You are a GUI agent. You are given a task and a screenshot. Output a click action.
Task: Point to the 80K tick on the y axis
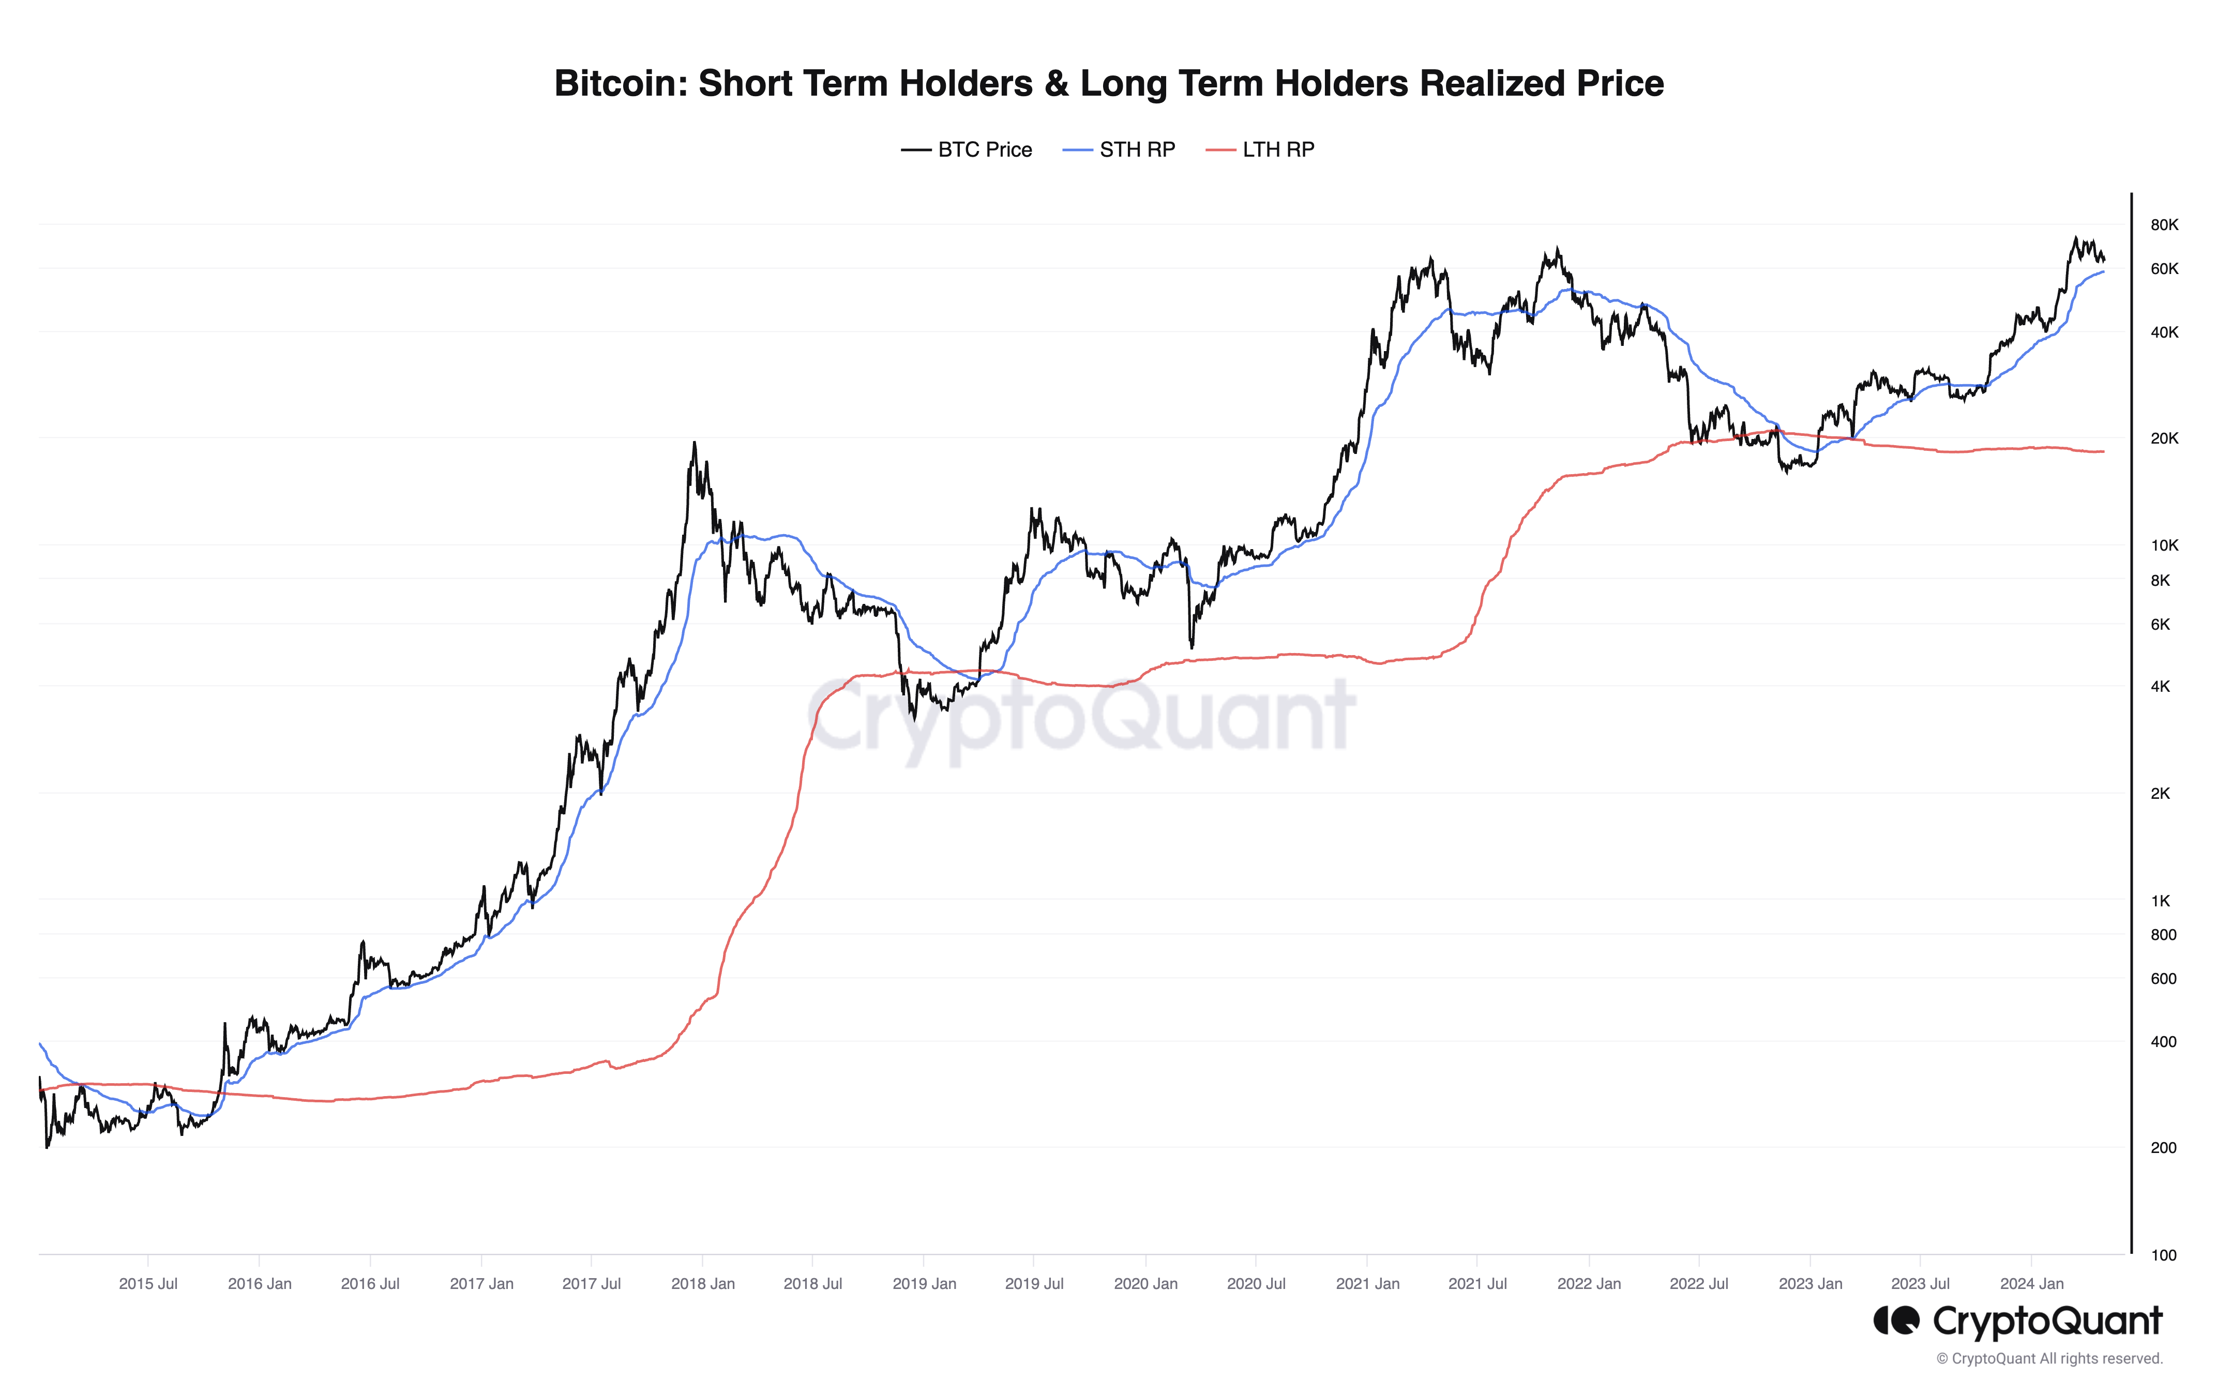click(2164, 224)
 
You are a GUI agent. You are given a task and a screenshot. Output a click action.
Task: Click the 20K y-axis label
click(2164, 438)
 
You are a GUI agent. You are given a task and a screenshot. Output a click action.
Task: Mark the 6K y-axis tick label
click(2160, 624)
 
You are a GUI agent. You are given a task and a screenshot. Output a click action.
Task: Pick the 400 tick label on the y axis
click(2163, 1042)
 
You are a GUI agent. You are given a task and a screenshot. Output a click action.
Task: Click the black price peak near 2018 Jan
click(694, 444)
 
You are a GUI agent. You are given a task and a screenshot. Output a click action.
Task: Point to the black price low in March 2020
click(1192, 647)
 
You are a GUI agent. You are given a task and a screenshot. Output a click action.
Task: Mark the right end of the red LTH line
click(2103, 451)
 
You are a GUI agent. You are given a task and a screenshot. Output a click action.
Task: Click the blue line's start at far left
click(40, 1043)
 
